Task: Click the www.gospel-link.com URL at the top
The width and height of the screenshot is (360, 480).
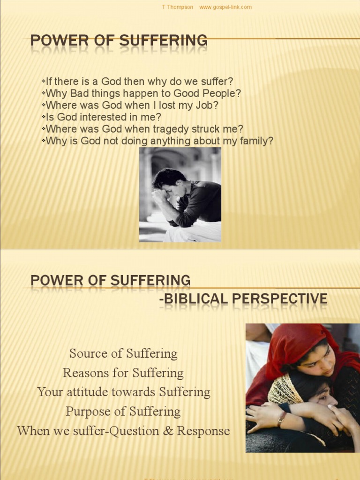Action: pos(225,7)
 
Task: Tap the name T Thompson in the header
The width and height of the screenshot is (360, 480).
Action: pos(177,7)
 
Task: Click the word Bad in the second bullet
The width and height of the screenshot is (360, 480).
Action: pos(80,94)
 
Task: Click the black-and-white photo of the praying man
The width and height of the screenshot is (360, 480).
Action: pos(180,195)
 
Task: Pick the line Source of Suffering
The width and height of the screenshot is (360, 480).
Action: pos(123,353)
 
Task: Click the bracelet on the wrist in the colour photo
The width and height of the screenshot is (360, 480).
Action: pos(281,419)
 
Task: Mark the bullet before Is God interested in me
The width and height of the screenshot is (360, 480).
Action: pos(44,117)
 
